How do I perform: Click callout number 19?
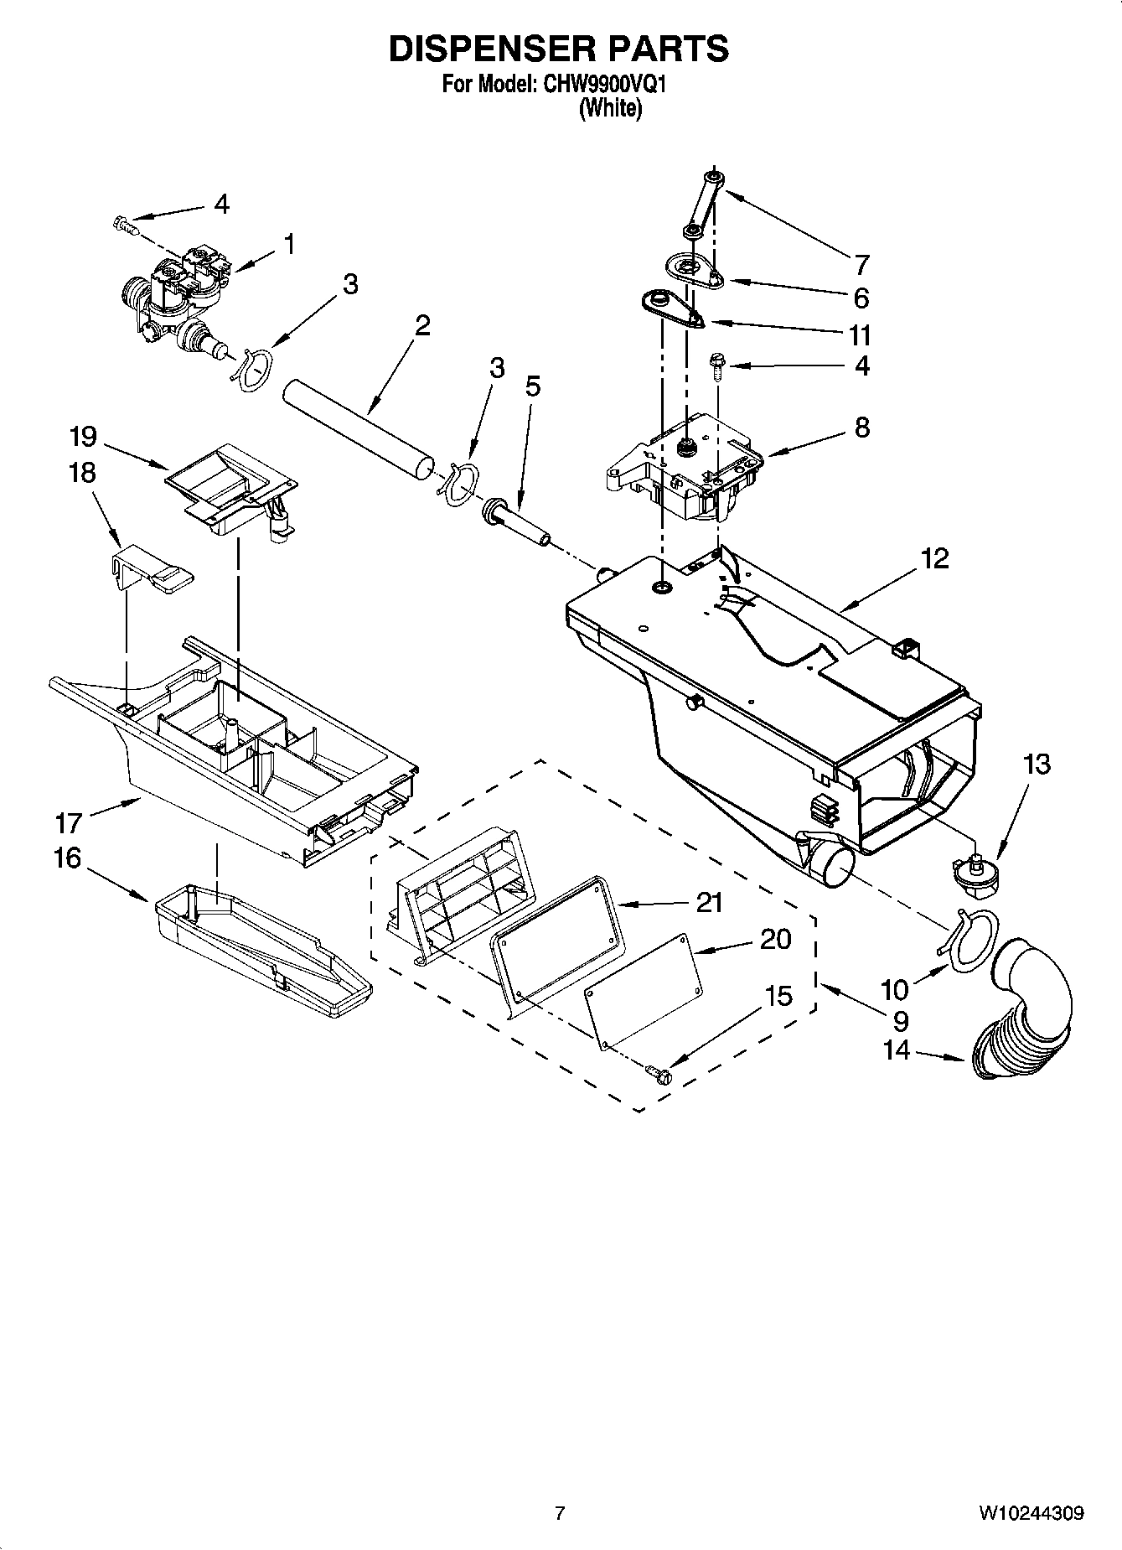pyautogui.click(x=83, y=437)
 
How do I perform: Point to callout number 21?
pyautogui.click(x=708, y=902)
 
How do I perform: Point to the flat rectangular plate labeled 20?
pyautogui.click(x=641, y=991)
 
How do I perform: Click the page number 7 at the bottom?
pyautogui.click(x=560, y=1513)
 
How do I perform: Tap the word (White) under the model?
pyautogui.click(x=610, y=108)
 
